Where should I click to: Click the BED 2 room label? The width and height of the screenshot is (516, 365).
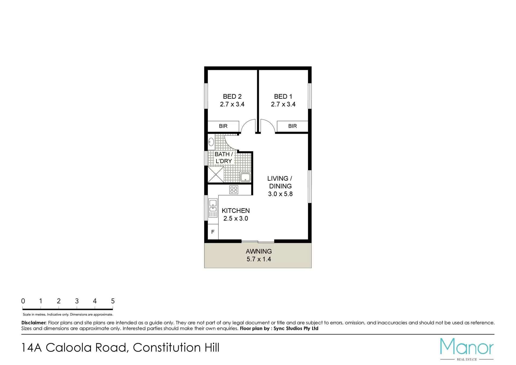(x=232, y=97)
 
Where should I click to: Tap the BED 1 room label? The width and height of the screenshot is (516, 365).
(x=283, y=97)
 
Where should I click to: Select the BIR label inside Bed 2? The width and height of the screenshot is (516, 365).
(x=223, y=126)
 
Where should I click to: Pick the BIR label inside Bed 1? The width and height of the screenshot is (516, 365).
(x=292, y=126)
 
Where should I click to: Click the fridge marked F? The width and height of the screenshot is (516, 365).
(x=213, y=232)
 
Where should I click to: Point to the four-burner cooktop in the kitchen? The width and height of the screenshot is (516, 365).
(x=234, y=190)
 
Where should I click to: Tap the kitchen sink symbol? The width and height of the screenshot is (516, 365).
(x=213, y=208)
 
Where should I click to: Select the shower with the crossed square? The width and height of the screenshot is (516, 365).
(x=216, y=175)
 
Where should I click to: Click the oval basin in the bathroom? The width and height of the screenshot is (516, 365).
(x=211, y=142)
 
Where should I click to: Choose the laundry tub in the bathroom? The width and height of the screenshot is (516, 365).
(x=245, y=177)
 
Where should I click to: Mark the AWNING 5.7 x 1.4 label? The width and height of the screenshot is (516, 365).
(x=259, y=255)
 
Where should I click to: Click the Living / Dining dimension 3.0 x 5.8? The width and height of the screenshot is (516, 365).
(x=280, y=194)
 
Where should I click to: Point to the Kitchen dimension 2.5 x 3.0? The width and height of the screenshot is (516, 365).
(x=236, y=218)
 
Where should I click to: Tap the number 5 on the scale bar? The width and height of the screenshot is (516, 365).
(x=113, y=301)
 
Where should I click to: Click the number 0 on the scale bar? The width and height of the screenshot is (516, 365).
(x=23, y=301)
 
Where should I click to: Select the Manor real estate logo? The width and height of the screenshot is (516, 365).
(x=467, y=349)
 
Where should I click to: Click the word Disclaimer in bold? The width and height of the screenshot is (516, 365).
(x=34, y=323)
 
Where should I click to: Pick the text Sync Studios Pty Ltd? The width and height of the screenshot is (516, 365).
(x=296, y=328)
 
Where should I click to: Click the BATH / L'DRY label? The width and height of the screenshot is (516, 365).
(x=224, y=158)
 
